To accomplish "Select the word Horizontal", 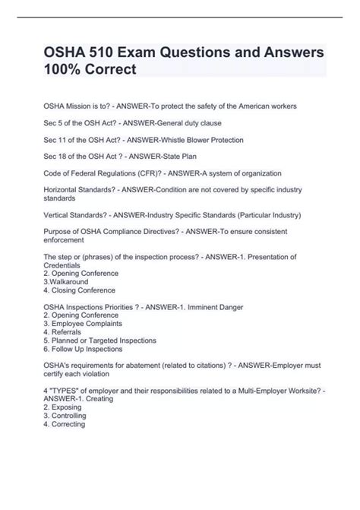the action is (x=68, y=191).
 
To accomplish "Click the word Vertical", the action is (x=62, y=215).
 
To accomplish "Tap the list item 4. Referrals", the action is (x=67, y=332).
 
